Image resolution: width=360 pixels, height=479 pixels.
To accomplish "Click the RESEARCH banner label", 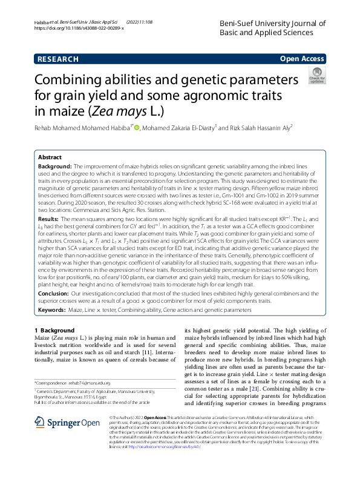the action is [58, 59].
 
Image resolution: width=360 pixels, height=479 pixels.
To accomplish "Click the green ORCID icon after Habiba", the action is [137, 127].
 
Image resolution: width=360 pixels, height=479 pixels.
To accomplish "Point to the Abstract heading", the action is [50, 156].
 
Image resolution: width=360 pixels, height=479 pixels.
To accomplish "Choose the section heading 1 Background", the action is [52, 330].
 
